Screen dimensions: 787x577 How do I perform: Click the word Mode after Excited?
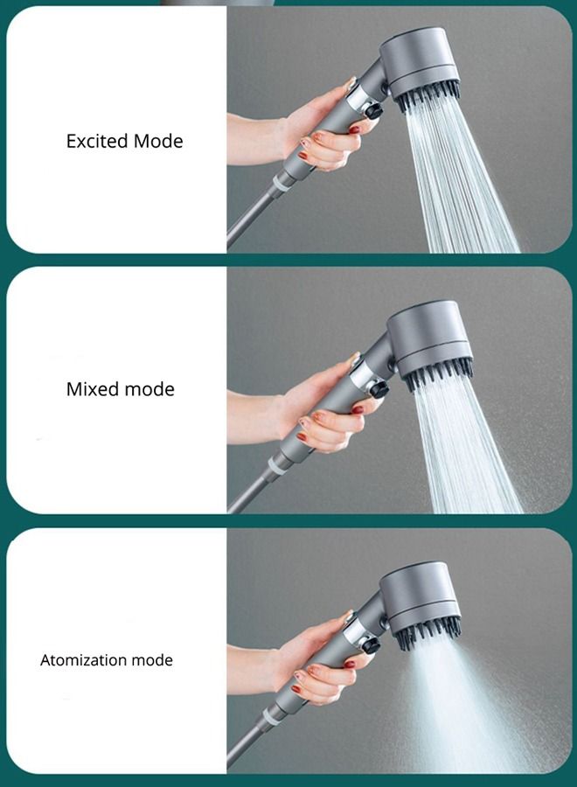click(x=158, y=141)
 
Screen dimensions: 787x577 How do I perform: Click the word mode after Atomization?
click(x=152, y=660)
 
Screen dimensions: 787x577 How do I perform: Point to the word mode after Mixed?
click(x=151, y=389)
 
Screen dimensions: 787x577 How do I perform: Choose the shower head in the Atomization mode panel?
click(x=422, y=595)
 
